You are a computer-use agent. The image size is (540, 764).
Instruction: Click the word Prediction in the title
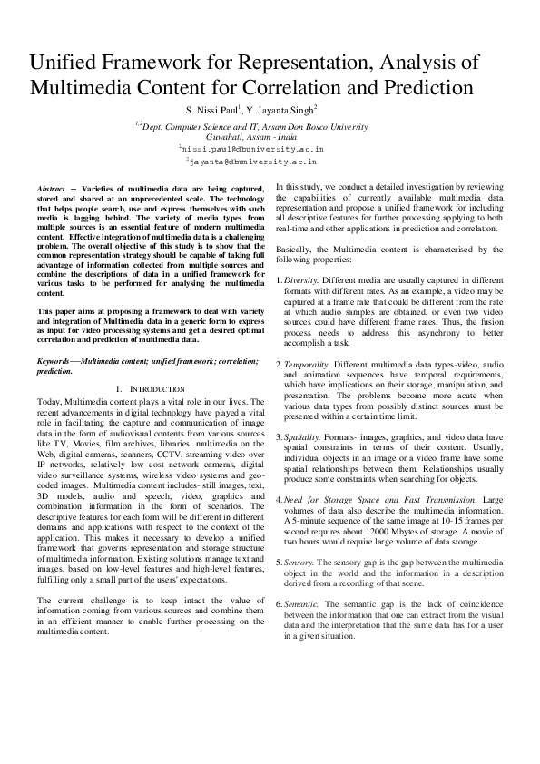click(420, 88)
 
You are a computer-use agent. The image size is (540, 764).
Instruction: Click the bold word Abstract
click(51, 186)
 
